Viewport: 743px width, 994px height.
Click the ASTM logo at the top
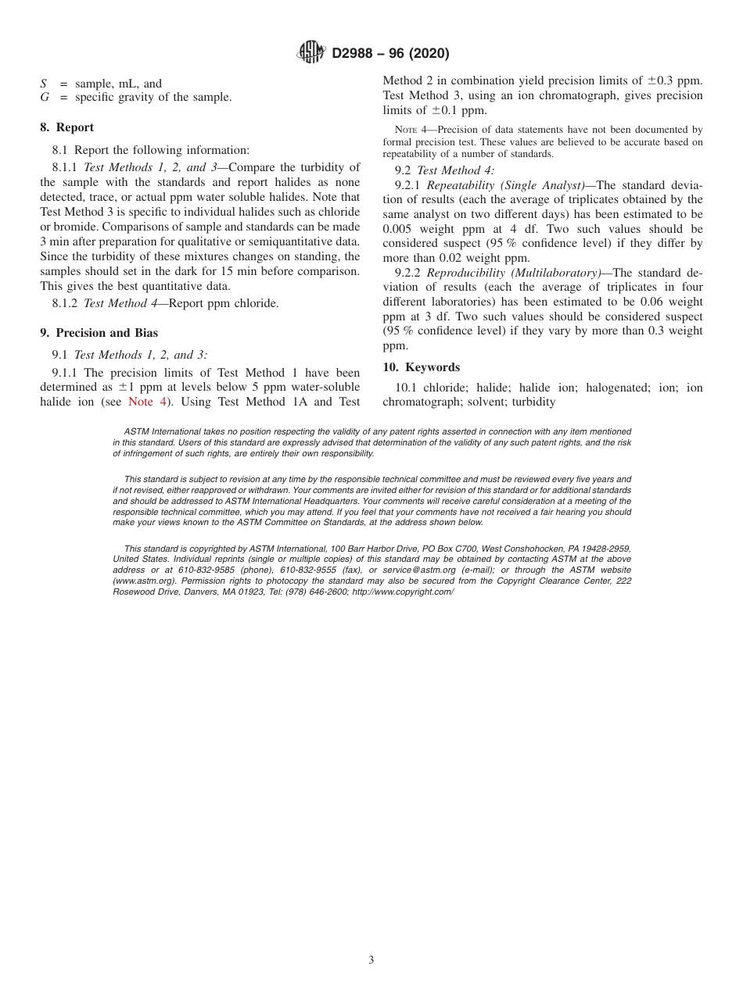click(313, 53)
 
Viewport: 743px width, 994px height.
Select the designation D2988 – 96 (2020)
click(390, 54)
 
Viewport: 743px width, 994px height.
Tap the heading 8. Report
click(67, 127)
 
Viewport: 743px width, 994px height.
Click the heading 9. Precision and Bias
click(99, 333)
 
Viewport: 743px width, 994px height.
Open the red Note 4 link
click(146, 402)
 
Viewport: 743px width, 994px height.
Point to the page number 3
click(371, 960)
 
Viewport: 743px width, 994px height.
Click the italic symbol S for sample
click(44, 84)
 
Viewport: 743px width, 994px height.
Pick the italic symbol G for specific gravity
click(45, 98)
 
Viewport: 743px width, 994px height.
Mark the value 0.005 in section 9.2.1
click(397, 229)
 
